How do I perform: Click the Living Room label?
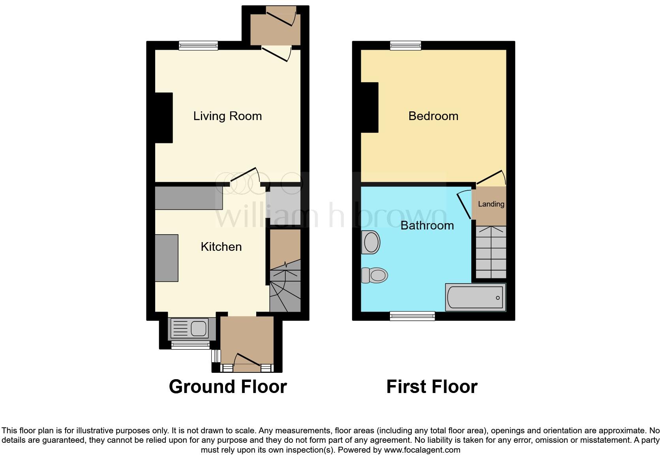click(227, 116)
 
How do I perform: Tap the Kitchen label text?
click(221, 247)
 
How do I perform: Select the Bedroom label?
click(433, 116)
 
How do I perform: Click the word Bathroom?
click(427, 226)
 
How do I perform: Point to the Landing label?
click(491, 204)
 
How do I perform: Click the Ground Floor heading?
click(228, 387)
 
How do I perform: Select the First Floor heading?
click(432, 387)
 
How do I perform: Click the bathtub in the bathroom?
click(475, 297)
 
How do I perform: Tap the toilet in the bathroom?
click(375, 275)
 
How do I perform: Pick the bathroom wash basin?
click(371, 242)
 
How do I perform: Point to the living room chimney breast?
click(163, 118)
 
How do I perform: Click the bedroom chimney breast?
click(369, 107)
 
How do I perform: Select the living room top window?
click(198, 46)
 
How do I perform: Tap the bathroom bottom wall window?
click(412, 315)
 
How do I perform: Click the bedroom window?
click(405, 46)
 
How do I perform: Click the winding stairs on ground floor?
click(285, 290)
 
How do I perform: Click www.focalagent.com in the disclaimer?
click(422, 450)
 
